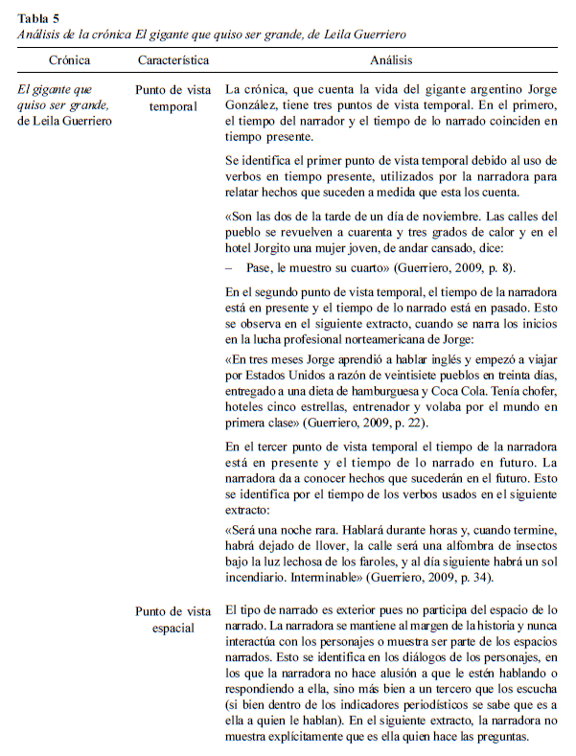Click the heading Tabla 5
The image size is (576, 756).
pyautogui.click(x=40, y=13)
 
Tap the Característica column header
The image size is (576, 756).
pyautogui.click(x=173, y=59)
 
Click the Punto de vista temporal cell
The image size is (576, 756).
pyautogui.click(x=173, y=99)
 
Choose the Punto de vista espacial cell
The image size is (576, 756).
pyautogui.click(x=173, y=619)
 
